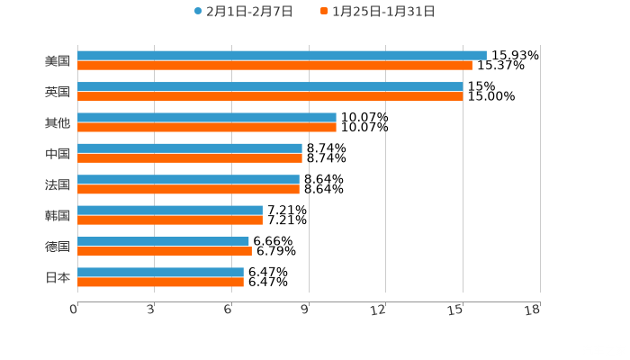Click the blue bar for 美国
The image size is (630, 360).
282,56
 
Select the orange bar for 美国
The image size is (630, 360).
274,66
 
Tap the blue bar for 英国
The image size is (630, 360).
270,86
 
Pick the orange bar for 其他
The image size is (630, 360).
207,128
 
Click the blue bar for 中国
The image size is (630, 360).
190,148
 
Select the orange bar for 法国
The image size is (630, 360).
188,190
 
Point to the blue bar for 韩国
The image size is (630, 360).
170,210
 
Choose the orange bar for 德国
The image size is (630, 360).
165,251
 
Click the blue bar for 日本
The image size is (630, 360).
160,272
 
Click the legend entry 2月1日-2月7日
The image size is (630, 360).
243,12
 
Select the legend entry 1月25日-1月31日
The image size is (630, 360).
378,12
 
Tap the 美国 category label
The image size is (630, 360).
58,61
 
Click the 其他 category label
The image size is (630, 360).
58,122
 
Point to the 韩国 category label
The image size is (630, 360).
58,215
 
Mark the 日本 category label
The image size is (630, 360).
58,277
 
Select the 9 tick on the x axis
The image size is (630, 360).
306,310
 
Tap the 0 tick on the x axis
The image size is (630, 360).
74,310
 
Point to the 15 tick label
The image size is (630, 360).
456,310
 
